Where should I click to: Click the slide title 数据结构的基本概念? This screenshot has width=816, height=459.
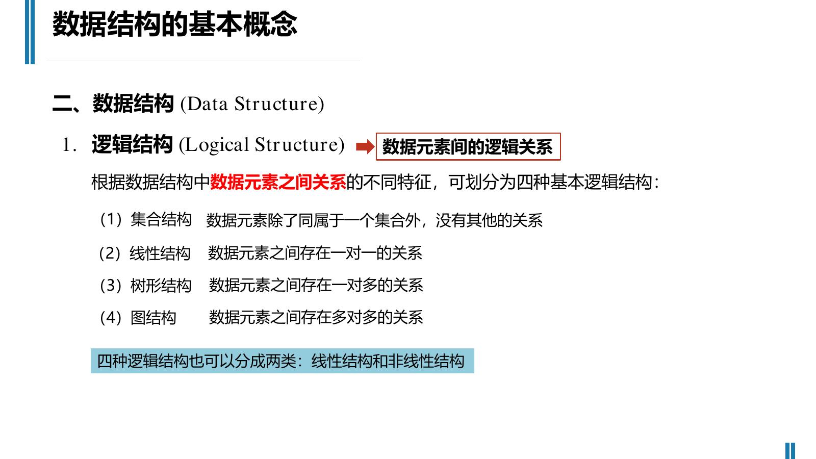coord(175,24)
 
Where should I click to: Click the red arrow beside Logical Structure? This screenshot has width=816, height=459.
coord(365,147)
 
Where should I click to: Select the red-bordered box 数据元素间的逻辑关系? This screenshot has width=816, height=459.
coord(468,147)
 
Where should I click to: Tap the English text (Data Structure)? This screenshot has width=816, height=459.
coord(252,104)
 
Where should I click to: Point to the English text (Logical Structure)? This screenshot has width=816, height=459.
coord(262,145)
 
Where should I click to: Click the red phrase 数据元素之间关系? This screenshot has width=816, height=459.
coord(278,182)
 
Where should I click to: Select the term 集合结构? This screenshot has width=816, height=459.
coord(161,220)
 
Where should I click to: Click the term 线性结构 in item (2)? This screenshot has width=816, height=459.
coord(160,253)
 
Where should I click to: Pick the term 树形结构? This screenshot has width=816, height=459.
coord(161,285)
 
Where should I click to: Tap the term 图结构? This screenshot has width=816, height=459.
coord(154,318)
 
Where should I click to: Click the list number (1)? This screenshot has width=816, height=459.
coord(111,220)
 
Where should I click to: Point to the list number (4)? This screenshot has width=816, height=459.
coord(111,318)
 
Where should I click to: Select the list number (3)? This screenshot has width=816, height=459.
coord(111,285)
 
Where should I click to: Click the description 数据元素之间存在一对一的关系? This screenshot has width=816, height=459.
coord(315,253)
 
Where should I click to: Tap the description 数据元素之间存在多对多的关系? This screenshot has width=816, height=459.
coord(316,318)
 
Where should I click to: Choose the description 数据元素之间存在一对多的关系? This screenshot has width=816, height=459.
coord(316,285)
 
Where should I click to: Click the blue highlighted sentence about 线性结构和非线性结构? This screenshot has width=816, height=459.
coord(283,361)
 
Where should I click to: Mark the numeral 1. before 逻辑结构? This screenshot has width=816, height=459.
coord(69,145)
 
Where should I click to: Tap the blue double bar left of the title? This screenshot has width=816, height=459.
coord(30,32)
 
